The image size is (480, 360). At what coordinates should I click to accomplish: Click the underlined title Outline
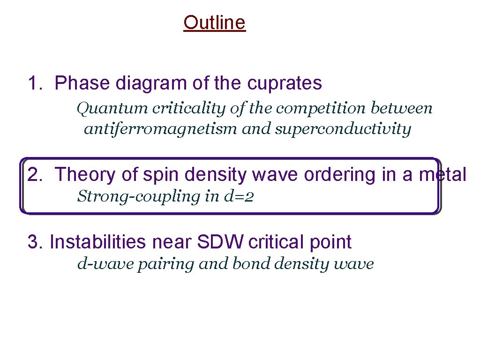214,22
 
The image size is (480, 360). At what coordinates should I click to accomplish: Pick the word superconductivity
343,129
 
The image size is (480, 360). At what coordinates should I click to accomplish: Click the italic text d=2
241,196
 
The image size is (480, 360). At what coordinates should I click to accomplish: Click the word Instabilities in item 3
98,242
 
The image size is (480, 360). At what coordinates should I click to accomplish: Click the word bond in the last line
251,264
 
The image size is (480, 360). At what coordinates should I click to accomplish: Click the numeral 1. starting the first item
35,83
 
